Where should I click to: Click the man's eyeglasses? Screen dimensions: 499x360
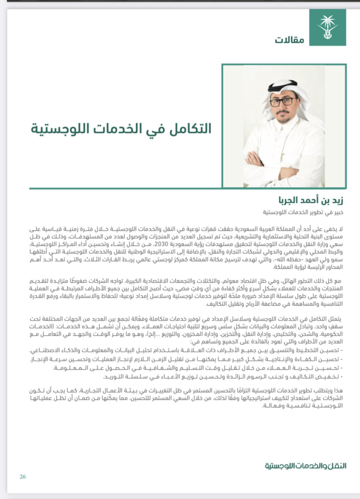[283, 102]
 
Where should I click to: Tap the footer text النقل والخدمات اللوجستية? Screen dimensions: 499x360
[305, 465]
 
